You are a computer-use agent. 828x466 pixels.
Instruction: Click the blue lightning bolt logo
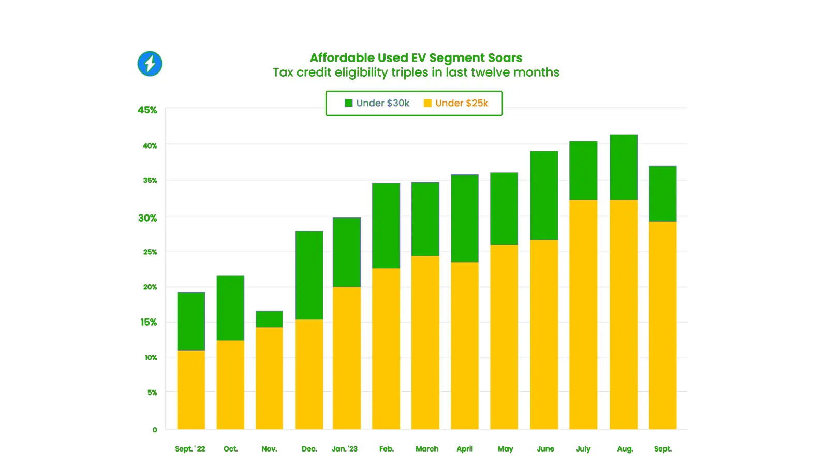coord(150,64)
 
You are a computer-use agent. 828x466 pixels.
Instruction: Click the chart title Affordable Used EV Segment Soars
coord(416,58)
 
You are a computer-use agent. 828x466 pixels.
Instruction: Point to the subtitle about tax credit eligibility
coord(416,72)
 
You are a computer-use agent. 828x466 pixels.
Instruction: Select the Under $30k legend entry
coord(377,103)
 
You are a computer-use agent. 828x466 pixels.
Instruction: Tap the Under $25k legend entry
coord(456,103)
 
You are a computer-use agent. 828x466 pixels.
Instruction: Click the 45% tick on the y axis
coord(147,110)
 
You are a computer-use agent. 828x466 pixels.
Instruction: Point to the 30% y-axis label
coord(147,218)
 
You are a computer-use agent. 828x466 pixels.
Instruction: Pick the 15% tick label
coord(149,322)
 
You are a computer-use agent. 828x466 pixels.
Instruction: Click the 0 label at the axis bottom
coord(155,430)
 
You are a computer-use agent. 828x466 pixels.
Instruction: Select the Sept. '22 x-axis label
coord(190,449)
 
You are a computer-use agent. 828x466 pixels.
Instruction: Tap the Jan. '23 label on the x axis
coord(345,449)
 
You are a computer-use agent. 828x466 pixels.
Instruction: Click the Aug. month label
coord(625,449)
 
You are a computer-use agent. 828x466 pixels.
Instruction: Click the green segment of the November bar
coord(269,319)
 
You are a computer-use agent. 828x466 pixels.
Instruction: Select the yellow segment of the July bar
coord(583,314)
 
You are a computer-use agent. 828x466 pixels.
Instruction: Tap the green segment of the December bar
coord(309,275)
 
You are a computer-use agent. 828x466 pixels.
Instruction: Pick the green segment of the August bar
coord(624,167)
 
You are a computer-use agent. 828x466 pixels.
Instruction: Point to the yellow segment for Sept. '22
coord(191,389)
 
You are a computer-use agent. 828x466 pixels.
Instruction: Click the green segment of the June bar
coord(544,195)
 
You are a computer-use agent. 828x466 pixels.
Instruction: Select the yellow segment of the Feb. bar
coord(386,348)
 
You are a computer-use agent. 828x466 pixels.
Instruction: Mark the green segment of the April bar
coord(465,218)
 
